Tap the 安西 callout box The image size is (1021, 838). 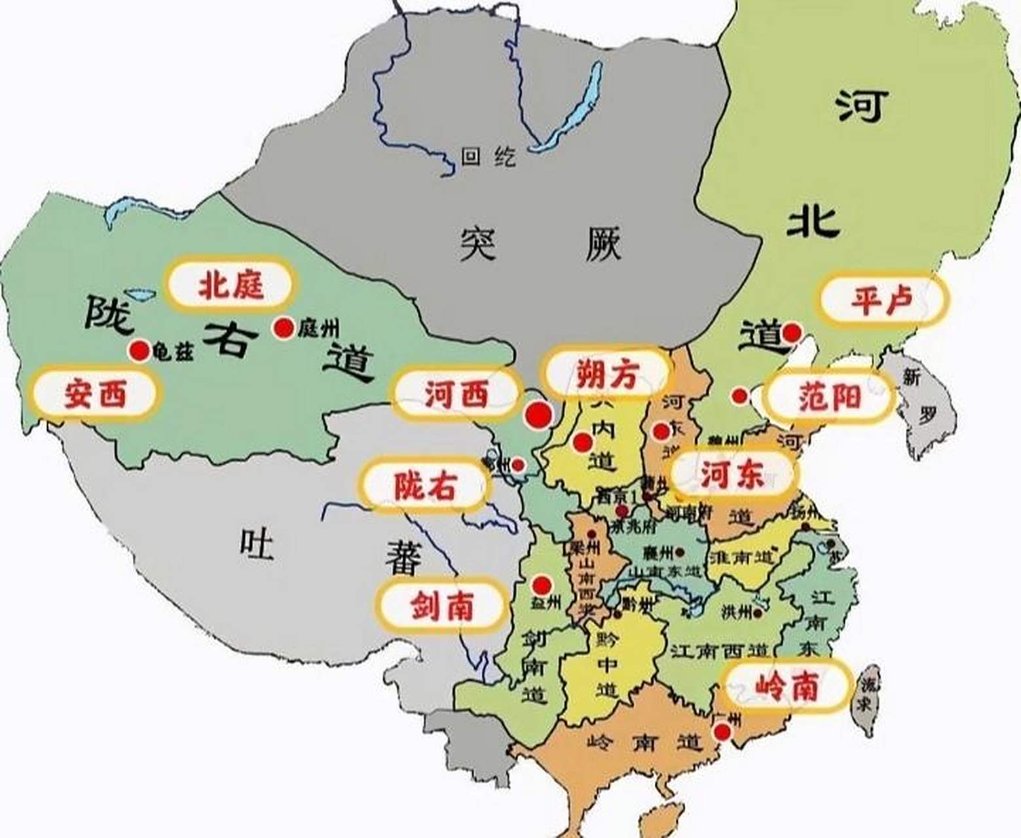tap(96, 394)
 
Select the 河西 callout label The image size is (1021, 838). tap(456, 394)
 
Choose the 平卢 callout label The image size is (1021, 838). tap(882, 299)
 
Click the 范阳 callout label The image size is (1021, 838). tap(830, 396)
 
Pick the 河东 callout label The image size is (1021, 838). tap(733, 474)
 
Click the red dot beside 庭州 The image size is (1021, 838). tap(284, 328)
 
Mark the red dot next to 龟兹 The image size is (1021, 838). tap(139, 351)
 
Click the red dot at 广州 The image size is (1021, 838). tap(722, 731)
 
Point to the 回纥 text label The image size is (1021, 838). tap(488, 156)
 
